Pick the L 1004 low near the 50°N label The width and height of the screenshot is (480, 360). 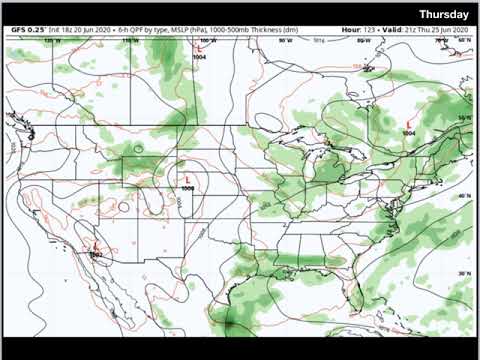[407, 124]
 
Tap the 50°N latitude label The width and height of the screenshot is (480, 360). [463, 119]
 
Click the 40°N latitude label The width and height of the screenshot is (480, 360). [463, 196]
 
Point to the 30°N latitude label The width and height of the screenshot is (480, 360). [463, 272]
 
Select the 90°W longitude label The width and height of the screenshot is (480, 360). [285, 41]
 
